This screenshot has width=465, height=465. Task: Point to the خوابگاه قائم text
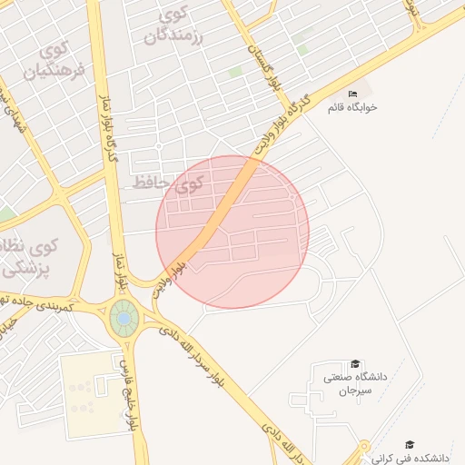point(352,107)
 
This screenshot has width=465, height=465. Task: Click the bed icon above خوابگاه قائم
point(352,94)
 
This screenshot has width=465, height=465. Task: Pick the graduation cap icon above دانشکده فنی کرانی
point(410,444)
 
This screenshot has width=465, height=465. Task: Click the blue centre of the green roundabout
point(124,319)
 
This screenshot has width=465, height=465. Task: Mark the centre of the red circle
point(232,232)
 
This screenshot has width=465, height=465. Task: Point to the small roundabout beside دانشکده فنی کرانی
point(365,449)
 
